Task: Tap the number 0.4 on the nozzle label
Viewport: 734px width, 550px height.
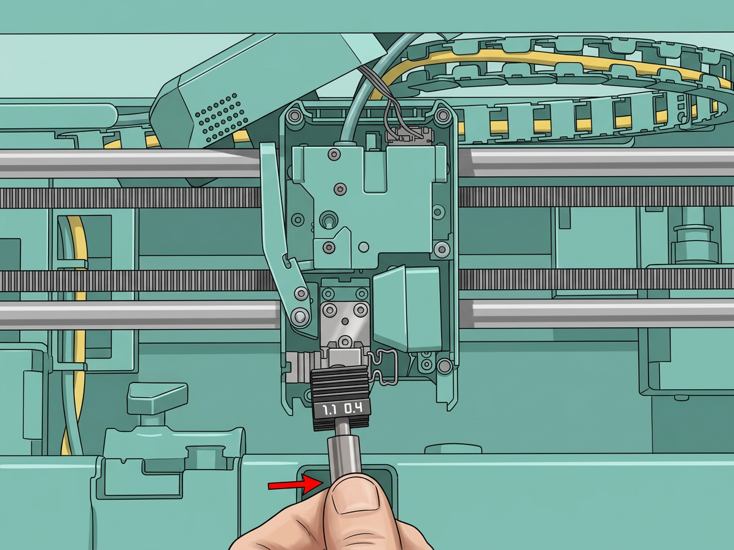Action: pos(353,408)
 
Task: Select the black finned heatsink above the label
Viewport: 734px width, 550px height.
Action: pos(340,383)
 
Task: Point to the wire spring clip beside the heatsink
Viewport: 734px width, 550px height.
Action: pos(384,368)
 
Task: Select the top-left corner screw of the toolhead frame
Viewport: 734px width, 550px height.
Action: pos(295,115)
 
